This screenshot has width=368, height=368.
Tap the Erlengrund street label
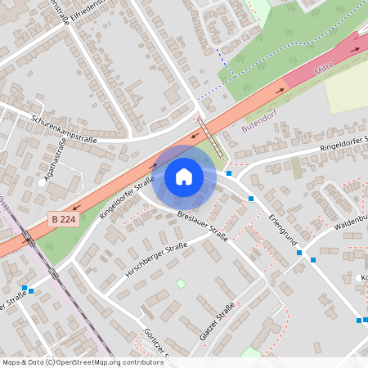tap(280, 231)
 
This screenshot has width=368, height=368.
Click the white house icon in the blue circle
tap(184, 177)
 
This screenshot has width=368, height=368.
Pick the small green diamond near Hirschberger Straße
tap(181, 284)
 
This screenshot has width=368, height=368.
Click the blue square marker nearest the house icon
tap(230, 173)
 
